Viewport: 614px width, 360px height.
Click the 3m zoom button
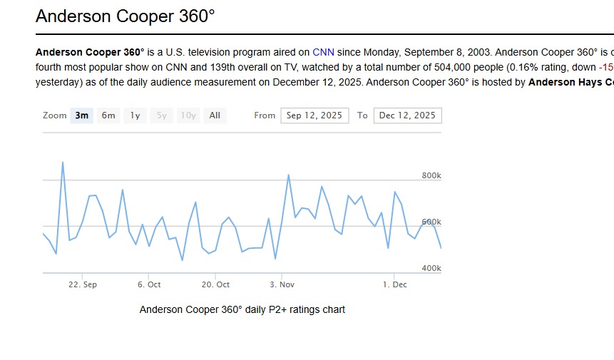(x=82, y=115)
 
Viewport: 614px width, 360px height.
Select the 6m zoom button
(x=108, y=115)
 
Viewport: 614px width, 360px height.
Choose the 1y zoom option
(x=135, y=115)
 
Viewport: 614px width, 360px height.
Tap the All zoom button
(x=215, y=115)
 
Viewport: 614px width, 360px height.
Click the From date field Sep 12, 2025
(x=314, y=115)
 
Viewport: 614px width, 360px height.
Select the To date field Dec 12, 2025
(x=407, y=115)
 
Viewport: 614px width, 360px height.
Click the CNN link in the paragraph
(x=323, y=52)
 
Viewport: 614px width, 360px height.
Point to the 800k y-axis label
(x=431, y=176)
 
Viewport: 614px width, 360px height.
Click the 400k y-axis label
(x=431, y=269)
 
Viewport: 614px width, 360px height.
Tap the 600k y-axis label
(x=431, y=222)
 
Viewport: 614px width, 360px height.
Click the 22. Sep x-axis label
(x=83, y=284)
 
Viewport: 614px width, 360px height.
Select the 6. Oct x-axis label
(x=149, y=284)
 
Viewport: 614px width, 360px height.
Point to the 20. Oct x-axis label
(x=215, y=284)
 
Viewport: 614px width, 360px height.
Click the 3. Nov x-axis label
(x=282, y=284)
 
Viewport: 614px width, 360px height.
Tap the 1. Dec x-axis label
(x=395, y=284)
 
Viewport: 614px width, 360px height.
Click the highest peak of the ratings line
(x=63, y=163)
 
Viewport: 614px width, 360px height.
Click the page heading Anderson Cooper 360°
(x=126, y=16)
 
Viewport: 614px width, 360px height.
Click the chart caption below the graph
(x=242, y=309)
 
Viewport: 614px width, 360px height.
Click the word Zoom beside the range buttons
(x=54, y=115)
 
